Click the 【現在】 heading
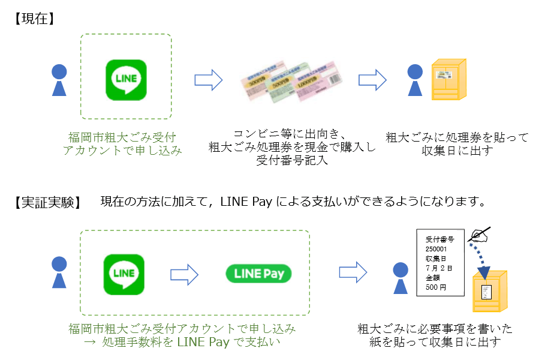pyautogui.click(x=34, y=19)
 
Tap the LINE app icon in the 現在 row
pyautogui.click(x=126, y=79)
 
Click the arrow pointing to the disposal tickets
pyautogui.click(x=208, y=79)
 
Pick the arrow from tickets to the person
pyautogui.click(x=372, y=79)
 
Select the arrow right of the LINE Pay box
pyautogui.click(x=353, y=271)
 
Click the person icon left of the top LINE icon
pyautogui.click(x=58, y=80)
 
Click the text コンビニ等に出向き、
pyautogui.click(x=290, y=133)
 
